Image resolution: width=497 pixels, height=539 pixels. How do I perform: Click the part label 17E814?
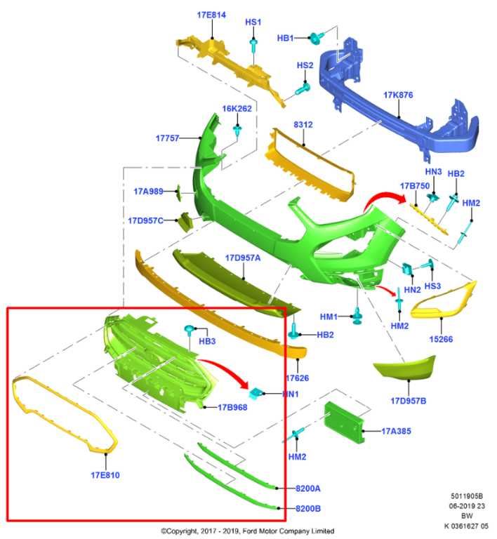click(x=211, y=14)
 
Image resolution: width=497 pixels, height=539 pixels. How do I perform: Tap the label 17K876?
click(x=398, y=94)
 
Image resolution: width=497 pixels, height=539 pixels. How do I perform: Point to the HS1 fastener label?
click(x=253, y=22)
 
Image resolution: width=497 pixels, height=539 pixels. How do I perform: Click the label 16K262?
click(x=237, y=109)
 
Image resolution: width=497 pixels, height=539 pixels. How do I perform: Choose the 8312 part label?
click(x=303, y=125)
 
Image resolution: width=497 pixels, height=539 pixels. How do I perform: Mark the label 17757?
click(x=169, y=138)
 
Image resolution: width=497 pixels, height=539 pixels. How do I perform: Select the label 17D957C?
click(x=145, y=220)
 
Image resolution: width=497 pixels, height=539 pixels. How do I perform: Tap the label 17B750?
click(x=414, y=186)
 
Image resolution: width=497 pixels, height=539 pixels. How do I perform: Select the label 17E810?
click(x=105, y=475)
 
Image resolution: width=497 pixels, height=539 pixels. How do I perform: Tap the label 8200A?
click(x=307, y=488)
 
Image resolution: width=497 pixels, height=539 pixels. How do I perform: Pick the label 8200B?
click(x=307, y=508)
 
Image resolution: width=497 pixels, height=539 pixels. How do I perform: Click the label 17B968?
click(x=232, y=407)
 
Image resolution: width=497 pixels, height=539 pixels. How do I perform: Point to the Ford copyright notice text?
click(x=247, y=531)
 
